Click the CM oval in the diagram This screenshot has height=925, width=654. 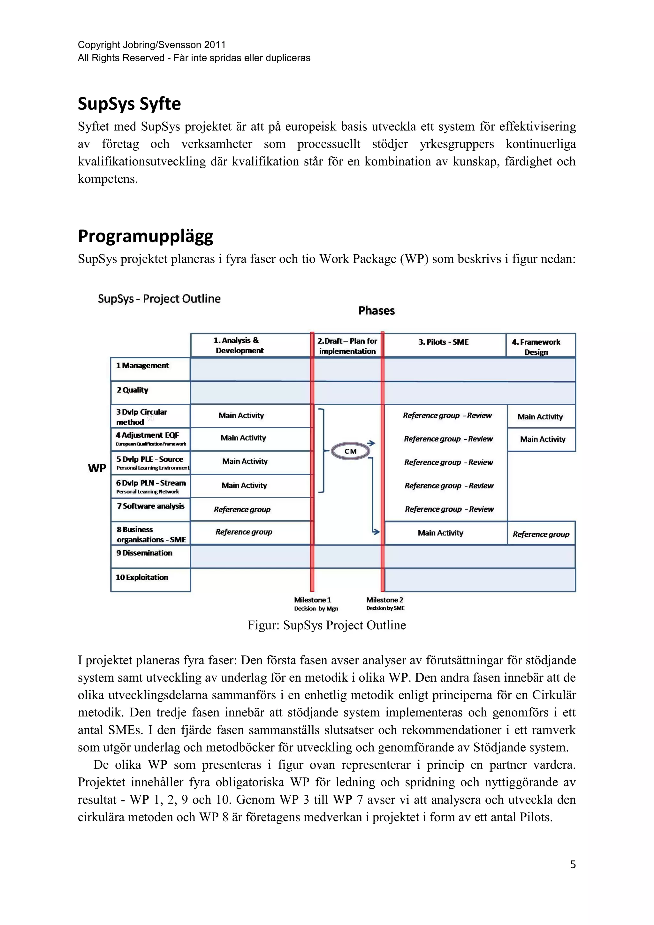coord(350,451)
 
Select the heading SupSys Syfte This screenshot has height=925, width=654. coord(129,104)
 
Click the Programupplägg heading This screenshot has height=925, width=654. coord(145,236)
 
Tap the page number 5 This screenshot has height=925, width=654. coord(573,865)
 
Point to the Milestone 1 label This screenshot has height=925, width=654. coord(313,600)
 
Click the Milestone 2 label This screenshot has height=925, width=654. coord(384,600)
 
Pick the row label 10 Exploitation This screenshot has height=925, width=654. coord(142,577)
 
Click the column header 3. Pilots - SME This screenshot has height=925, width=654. coord(443,342)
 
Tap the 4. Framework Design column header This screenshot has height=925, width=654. coord(536,347)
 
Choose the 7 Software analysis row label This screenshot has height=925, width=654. coord(151,506)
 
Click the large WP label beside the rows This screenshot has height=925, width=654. coord(97,468)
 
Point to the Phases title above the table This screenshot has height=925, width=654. coord(376,310)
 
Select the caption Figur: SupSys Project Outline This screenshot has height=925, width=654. coord(327,625)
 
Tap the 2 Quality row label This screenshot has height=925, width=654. coord(133,390)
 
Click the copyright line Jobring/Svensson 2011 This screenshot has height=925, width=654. coord(151,45)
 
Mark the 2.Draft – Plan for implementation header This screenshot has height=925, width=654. coord(347,346)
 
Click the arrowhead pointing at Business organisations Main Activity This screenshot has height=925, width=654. coord(376,532)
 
